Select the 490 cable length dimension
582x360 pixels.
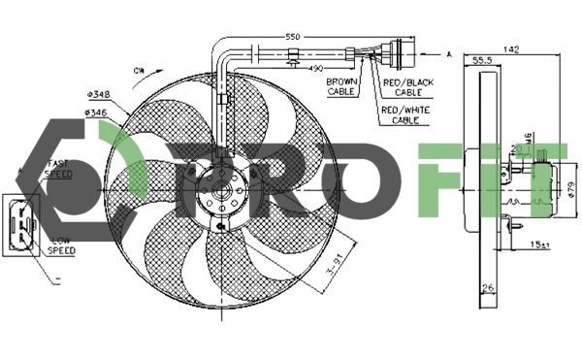pos(314,69)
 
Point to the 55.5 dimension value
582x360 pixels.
pos(481,60)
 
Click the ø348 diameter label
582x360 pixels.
pos(98,93)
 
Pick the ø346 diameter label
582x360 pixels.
pos(96,114)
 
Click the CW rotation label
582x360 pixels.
pos(139,70)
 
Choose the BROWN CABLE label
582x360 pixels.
pos(341,86)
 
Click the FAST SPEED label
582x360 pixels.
pos(57,170)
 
